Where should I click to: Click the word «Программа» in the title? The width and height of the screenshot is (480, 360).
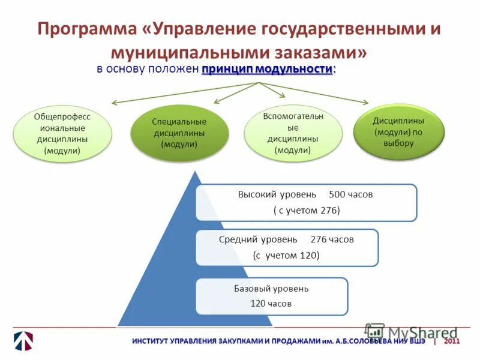point(89,29)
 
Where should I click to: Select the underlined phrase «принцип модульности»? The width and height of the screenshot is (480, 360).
point(268,68)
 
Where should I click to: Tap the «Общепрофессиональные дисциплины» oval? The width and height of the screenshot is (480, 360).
point(62,134)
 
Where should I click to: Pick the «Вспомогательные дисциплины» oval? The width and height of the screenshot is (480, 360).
point(293,133)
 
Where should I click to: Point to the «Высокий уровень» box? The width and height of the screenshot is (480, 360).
point(306,203)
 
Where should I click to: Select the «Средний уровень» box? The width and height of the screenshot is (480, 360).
point(287,247)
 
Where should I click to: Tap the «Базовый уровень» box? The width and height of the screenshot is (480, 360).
point(272,296)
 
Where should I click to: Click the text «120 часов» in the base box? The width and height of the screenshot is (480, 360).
point(271,304)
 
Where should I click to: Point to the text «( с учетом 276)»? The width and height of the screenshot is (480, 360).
point(307,210)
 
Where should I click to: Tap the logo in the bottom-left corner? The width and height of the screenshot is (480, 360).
point(23,340)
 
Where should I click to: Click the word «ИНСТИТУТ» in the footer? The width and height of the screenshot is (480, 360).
point(153,341)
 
